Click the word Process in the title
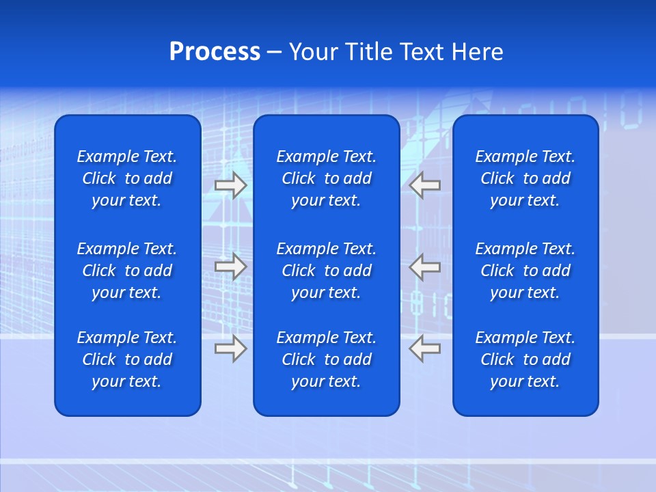tap(215, 52)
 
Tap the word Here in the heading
tap(478, 52)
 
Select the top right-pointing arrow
tap(230, 185)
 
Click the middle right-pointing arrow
tap(230, 266)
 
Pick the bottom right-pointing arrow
tap(230, 348)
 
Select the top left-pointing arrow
tap(425, 184)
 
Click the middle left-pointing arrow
tap(425, 266)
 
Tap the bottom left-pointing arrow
tap(425, 348)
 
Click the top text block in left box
tap(127, 178)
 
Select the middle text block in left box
tap(127, 271)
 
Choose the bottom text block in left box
tap(127, 359)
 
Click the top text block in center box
tap(326, 178)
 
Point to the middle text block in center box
tap(326, 271)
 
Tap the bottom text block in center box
tap(326, 359)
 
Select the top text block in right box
tap(525, 178)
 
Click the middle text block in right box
tap(525, 271)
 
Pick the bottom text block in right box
tap(525, 359)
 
